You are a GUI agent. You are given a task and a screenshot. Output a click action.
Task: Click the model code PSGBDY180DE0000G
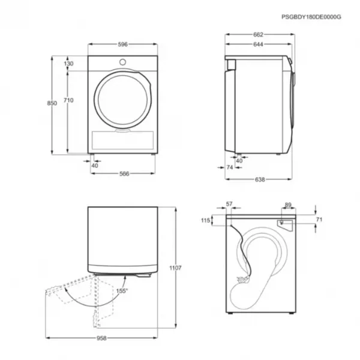point(311,17)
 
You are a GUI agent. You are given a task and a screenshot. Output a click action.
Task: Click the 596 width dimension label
point(122,44)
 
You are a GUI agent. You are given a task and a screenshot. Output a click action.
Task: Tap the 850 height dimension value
point(52,103)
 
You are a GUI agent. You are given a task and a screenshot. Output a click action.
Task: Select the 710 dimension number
point(68,100)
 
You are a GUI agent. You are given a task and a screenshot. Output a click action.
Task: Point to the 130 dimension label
point(68,64)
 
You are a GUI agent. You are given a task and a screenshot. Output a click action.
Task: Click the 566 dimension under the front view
point(124,174)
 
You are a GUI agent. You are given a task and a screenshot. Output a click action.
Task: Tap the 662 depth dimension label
point(258,34)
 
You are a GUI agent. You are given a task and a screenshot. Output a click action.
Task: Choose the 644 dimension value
point(258,44)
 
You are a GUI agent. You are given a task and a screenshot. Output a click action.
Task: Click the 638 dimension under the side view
point(260,179)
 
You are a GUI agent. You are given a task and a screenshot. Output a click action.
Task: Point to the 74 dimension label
point(230,167)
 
